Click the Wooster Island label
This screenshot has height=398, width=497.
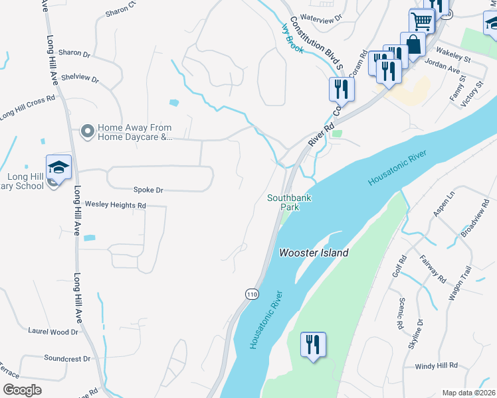[x=314, y=253]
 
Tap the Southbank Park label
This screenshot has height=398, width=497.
[x=289, y=202]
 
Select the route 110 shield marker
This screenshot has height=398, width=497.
[x=251, y=294]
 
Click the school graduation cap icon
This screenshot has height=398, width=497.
[x=58, y=167]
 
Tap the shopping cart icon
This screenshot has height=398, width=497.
[x=422, y=22]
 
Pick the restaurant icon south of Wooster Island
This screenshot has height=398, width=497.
[x=313, y=345]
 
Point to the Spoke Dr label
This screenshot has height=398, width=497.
[x=148, y=190]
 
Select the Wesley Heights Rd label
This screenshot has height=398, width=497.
[x=115, y=206]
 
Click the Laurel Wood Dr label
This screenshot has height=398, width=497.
[x=53, y=330]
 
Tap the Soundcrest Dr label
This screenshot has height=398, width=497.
[x=67, y=358]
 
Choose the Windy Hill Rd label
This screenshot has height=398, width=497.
[x=437, y=365]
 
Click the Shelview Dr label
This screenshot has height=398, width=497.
[x=80, y=78]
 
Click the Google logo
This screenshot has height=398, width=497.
[x=23, y=390]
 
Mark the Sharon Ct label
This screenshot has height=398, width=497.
[x=120, y=10]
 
